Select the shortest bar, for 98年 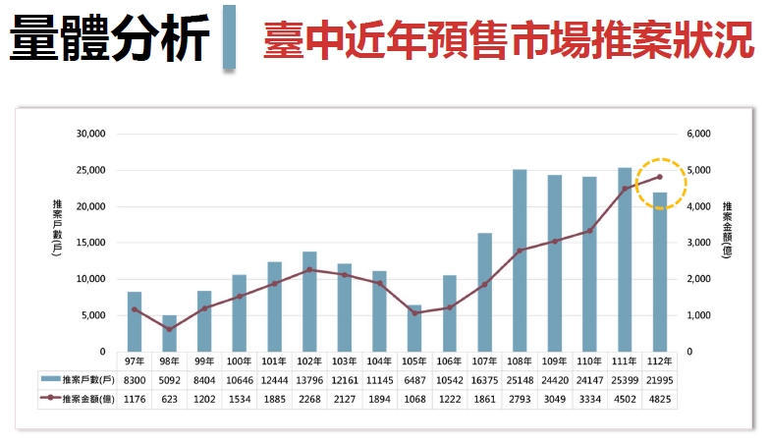(x=169, y=333)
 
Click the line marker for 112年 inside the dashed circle (x=659, y=177)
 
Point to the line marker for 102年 (x=309, y=269)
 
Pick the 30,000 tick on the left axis (x=91, y=134)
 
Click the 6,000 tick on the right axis (x=695, y=134)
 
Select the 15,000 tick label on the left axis (x=91, y=243)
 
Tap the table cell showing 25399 (x=624, y=379)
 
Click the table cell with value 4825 (x=659, y=400)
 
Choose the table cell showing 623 (x=169, y=400)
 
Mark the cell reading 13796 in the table (x=309, y=379)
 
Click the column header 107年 (x=484, y=361)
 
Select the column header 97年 (x=135, y=361)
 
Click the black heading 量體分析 (x=109, y=40)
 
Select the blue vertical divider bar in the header (x=229, y=38)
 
